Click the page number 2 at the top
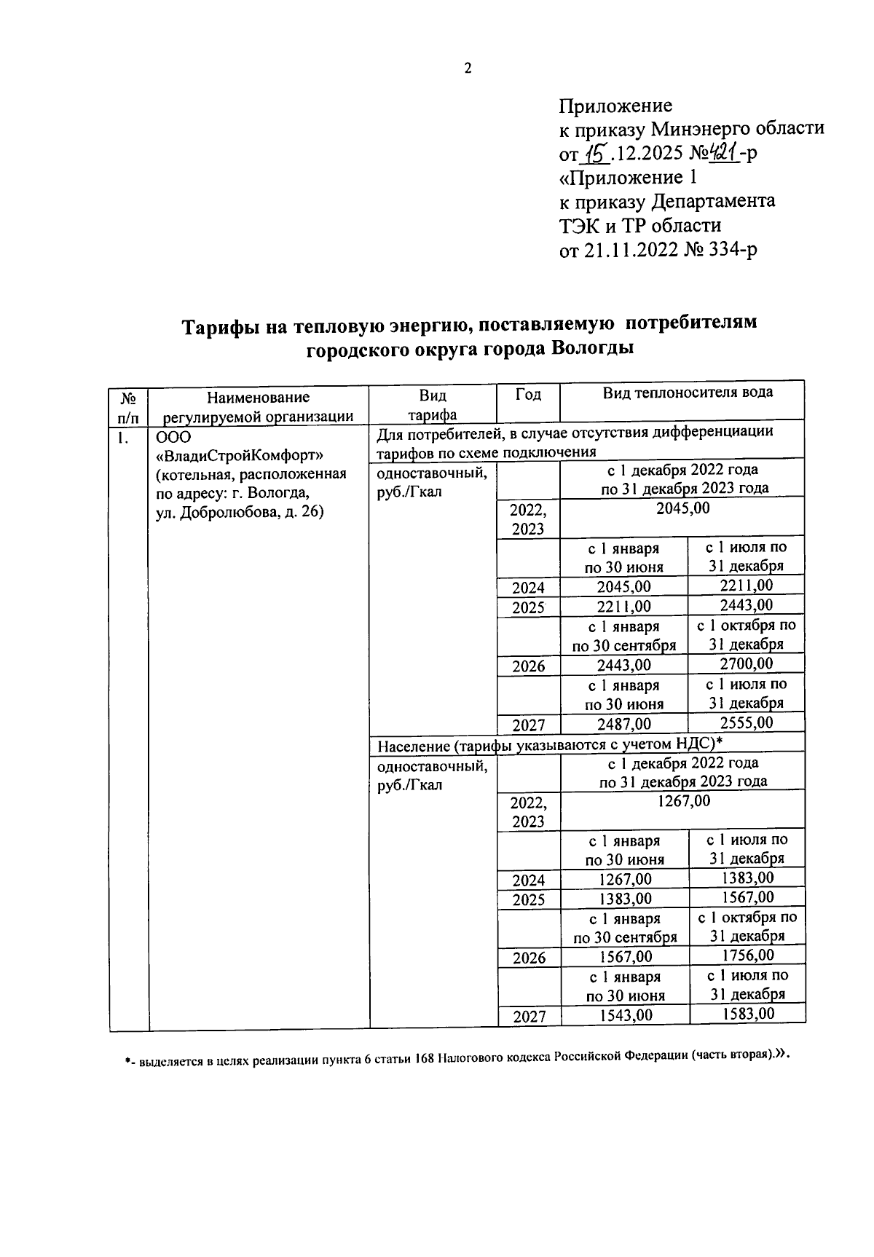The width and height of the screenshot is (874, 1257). coord(468,68)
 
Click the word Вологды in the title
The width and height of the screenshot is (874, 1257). coord(591,348)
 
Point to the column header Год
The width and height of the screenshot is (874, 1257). coord(528,395)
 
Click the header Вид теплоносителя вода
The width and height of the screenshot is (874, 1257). coord(688,393)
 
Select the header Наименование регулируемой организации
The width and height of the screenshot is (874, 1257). coord(258,406)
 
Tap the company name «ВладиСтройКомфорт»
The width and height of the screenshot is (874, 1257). coord(240,455)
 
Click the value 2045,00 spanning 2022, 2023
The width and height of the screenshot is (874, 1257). coord(682,508)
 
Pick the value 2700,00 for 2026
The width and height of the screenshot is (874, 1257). coord(747,663)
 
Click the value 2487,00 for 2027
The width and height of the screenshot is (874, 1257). coord(624,724)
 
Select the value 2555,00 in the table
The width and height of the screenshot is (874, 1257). coord(747,722)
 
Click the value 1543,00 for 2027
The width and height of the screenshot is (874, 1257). coord(625,1015)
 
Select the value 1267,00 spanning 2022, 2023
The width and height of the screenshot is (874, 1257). coord(682,801)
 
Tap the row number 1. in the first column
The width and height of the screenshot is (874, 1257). coord(125,437)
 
